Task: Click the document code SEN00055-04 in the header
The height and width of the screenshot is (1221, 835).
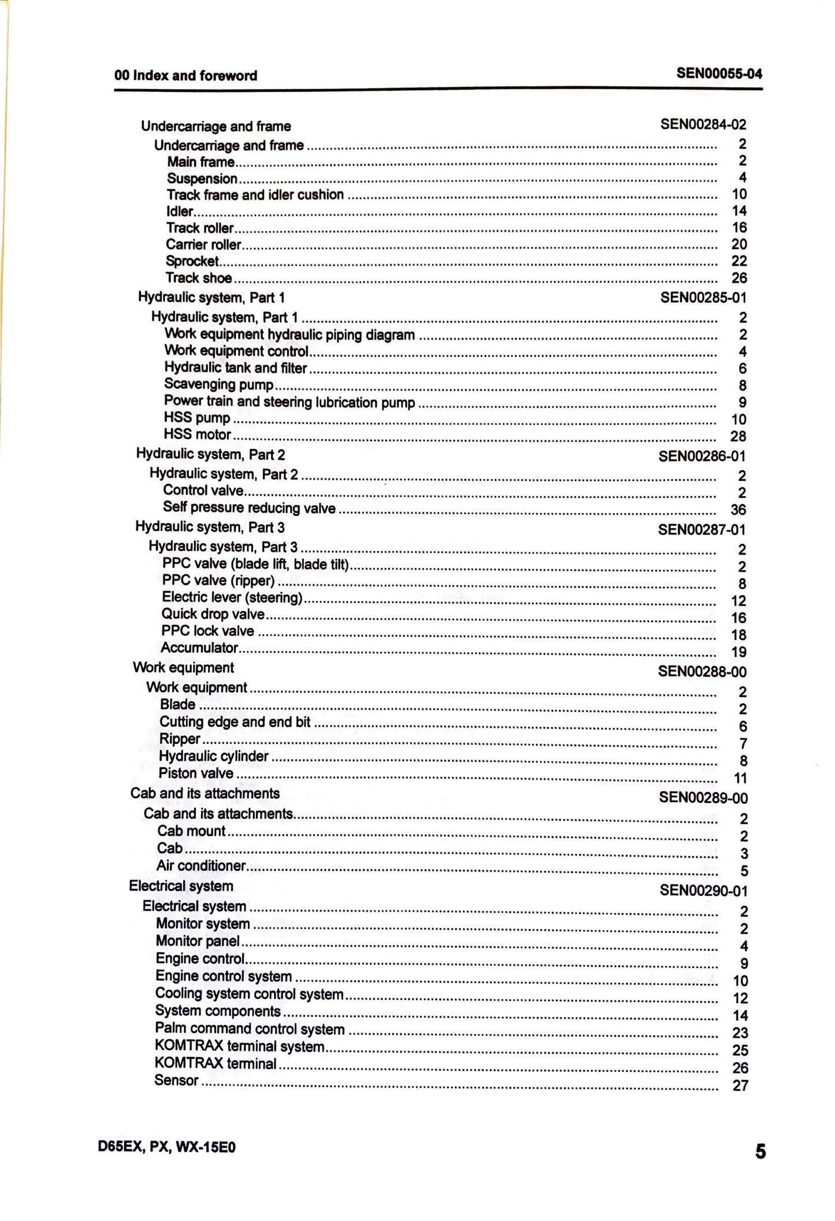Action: [x=719, y=74]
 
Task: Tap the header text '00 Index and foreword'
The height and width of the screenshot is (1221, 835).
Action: [x=185, y=76]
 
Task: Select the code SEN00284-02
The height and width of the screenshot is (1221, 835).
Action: [x=703, y=124]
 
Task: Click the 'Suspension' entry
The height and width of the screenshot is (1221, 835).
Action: [x=202, y=178]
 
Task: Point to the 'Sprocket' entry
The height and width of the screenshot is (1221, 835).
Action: [x=192, y=261]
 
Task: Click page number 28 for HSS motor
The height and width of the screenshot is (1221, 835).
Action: [x=738, y=436]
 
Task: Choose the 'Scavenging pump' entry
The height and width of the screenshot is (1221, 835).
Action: [x=218, y=384]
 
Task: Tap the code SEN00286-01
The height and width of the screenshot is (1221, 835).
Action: [x=702, y=456]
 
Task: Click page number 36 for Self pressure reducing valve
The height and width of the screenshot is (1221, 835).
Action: [x=738, y=509]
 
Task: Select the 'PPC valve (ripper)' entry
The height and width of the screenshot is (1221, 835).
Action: [x=218, y=580]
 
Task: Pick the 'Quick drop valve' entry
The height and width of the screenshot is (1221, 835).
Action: [x=213, y=614]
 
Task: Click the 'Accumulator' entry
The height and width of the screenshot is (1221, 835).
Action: [x=199, y=648]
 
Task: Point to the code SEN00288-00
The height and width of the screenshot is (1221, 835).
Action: [x=702, y=672]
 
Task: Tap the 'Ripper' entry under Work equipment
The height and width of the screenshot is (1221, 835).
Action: [x=180, y=739]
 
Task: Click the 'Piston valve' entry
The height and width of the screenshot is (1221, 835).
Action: [x=196, y=773]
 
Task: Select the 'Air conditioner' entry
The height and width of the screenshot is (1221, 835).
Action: [x=201, y=866]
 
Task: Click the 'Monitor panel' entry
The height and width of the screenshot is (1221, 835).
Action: [x=198, y=941]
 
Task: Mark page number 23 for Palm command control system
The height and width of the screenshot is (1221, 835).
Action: [x=740, y=1033]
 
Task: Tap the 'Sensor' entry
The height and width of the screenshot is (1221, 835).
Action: [x=176, y=1080]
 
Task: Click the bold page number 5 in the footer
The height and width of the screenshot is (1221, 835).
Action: [x=760, y=1152]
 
